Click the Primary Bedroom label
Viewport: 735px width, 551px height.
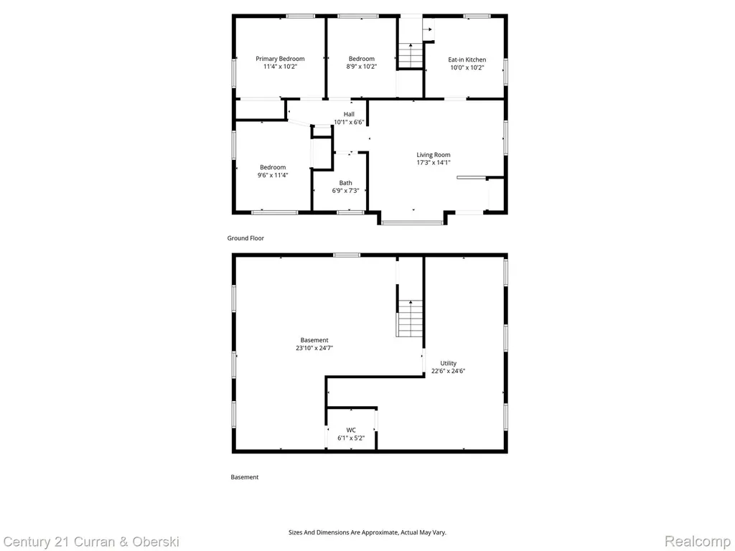click(x=280, y=59)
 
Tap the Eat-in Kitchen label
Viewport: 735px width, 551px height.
click(x=467, y=60)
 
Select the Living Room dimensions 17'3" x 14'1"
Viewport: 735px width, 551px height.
click(x=434, y=163)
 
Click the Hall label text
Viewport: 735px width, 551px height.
click(x=349, y=114)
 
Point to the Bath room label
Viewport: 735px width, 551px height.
click(x=345, y=183)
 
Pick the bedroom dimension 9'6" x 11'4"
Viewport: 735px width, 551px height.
click(x=273, y=175)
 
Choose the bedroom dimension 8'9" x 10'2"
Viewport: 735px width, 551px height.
click(x=362, y=67)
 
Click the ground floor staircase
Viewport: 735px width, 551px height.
click(x=411, y=55)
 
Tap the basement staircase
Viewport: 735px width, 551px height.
click(x=410, y=318)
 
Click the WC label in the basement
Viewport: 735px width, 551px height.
click(x=351, y=430)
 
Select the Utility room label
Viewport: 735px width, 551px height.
click(x=448, y=363)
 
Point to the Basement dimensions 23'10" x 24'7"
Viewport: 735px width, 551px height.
click(x=314, y=348)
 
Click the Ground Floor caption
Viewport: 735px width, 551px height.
click(x=245, y=238)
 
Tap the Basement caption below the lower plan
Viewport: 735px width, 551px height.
click(x=245, y=477)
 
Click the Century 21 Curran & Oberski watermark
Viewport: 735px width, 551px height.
click(x=91, y=542)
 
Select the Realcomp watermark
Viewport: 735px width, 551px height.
click(x=698, y=542)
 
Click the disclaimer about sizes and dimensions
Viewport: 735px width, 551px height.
click(x=367, y=532)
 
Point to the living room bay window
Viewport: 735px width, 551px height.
click(x=412, y=222)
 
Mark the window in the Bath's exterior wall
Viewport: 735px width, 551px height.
click(x=350, y=212)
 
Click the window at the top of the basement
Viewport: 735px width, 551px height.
click(x=347, y=255)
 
